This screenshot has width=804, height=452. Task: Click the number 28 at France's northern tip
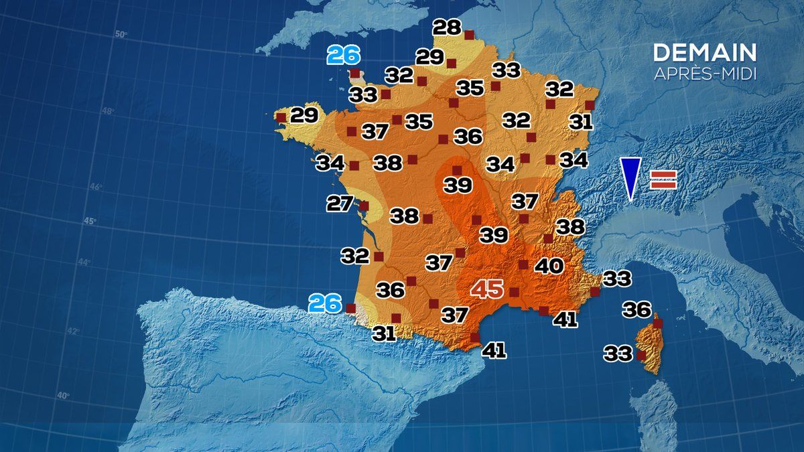pos(447,27)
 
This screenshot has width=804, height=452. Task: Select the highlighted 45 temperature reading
pos(487,289)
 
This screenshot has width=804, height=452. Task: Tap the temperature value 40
pos(548,266)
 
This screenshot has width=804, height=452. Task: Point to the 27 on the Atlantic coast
pos(340,203)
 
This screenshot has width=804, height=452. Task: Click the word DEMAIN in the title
pos(705,53)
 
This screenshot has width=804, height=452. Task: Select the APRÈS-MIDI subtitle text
pos(705,74)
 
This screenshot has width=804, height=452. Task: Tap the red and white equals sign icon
pos(663,179)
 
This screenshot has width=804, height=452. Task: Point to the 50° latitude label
pos(121,35)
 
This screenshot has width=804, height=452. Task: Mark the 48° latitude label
pos(108,111)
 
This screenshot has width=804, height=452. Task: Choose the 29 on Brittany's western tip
pos(304,116)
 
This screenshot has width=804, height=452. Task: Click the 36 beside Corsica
pos(636,309)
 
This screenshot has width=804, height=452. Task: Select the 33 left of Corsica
pos(618,353)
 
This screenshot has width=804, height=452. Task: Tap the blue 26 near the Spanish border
pos(325,304)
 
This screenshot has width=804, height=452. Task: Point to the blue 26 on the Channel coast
pos(344,55)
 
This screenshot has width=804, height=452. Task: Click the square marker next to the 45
pos(515,292)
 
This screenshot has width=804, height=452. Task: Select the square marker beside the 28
pos(469,34)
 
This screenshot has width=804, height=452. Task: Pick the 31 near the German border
pos(580,122)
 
